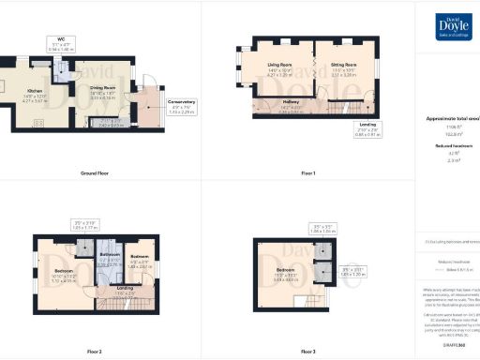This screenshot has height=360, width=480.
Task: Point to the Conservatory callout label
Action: [182, 107]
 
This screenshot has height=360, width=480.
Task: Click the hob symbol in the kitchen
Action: [38, 122]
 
